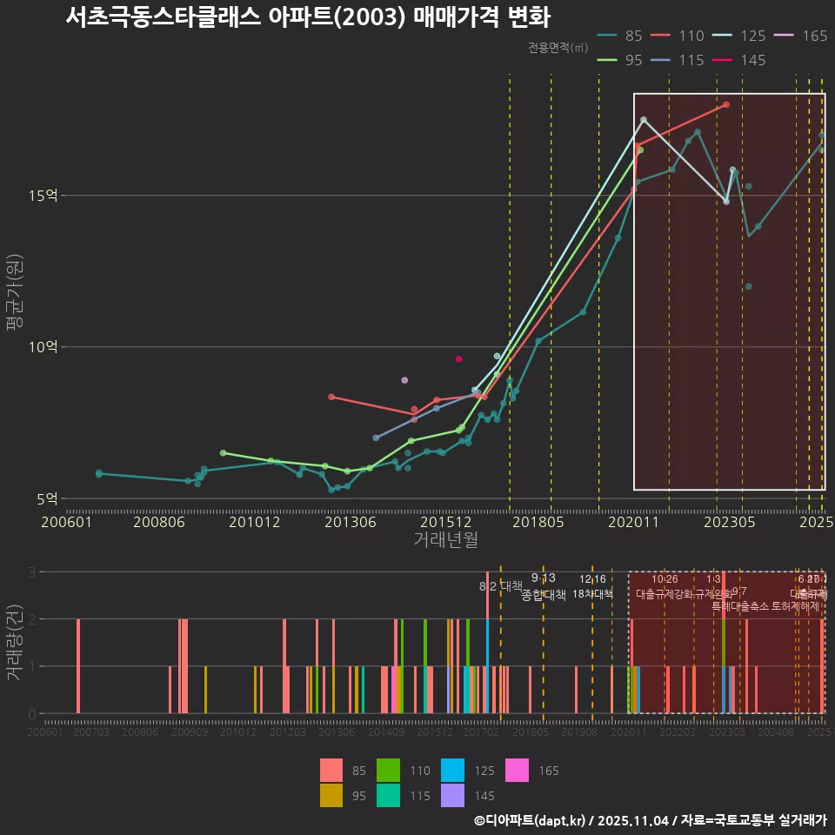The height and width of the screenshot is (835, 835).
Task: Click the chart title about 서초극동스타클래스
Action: point(308,17)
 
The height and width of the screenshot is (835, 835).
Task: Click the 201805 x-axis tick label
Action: point(538,522)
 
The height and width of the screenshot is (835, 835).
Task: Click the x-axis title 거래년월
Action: point(445,539)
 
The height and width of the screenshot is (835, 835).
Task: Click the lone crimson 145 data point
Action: point(458,359)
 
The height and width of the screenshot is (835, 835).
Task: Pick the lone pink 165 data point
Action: point(404,380)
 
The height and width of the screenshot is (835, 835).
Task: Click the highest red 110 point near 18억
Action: point(726,104)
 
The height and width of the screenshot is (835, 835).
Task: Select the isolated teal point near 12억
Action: point(748,286)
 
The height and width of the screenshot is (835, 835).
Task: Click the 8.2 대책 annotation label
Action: point(501,586)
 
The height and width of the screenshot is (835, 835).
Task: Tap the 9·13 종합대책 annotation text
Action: point(544,588)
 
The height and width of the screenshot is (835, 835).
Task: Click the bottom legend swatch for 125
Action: point(451,771)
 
